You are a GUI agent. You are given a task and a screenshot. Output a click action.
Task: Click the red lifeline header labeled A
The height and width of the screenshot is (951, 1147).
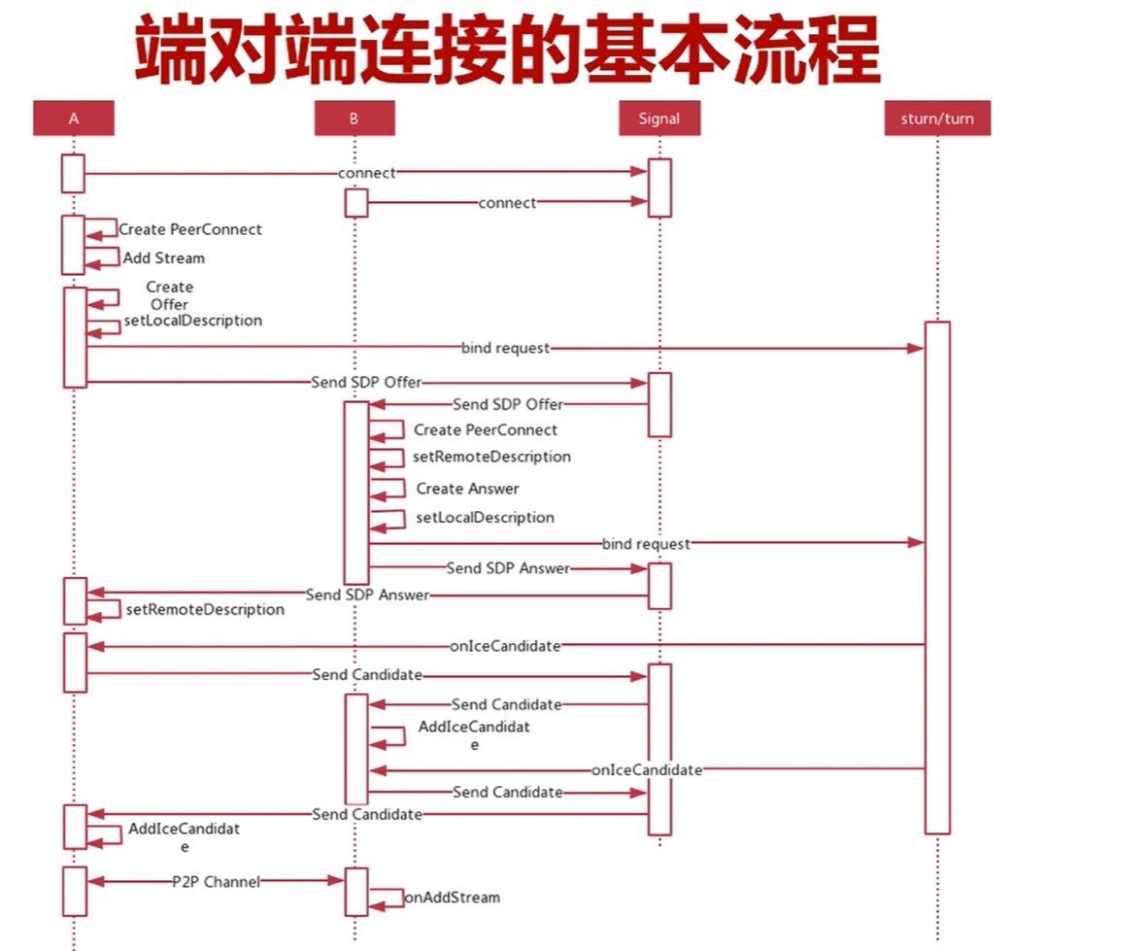[74, 119]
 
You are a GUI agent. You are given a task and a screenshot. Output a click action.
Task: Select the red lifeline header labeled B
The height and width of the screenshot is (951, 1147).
[354, 119]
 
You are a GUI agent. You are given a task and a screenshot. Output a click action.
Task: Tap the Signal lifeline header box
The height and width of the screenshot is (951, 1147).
[658, 119]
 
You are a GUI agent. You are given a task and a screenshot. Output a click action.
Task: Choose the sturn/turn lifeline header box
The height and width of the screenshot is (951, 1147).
[937, 119]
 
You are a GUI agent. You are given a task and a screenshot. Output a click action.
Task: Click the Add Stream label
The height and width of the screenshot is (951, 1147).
[163, 258]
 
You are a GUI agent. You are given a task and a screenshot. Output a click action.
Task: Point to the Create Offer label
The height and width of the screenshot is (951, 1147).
[169, 295]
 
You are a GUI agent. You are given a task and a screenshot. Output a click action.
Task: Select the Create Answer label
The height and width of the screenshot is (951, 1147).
[467, 489]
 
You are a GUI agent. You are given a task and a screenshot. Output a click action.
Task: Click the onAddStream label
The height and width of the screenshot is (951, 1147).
[453, 898]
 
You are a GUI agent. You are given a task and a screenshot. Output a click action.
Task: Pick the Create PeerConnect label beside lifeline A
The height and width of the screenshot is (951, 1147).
[190, 230]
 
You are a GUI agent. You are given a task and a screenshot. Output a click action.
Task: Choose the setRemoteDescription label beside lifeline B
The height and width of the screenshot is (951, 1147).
[491, 457]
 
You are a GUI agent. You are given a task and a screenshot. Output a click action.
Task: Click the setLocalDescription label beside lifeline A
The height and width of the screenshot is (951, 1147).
[192, 321]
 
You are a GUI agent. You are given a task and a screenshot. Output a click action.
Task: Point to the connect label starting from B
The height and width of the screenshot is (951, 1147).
[507, 203]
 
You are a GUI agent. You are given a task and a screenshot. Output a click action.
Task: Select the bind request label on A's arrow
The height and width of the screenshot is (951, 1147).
[505, 348]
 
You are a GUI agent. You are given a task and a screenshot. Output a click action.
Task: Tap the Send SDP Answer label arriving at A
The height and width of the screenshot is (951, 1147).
[367, 594]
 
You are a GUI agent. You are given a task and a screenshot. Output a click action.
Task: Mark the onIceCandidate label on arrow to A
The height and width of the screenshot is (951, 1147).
[505, 645]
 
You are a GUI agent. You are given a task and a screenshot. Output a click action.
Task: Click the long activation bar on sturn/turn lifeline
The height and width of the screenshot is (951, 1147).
[937, 577]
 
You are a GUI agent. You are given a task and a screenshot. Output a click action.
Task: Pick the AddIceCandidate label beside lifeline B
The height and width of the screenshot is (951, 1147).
[474, 734]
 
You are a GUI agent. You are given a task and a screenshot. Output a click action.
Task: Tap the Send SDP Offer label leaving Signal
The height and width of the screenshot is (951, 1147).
[507, 404]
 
